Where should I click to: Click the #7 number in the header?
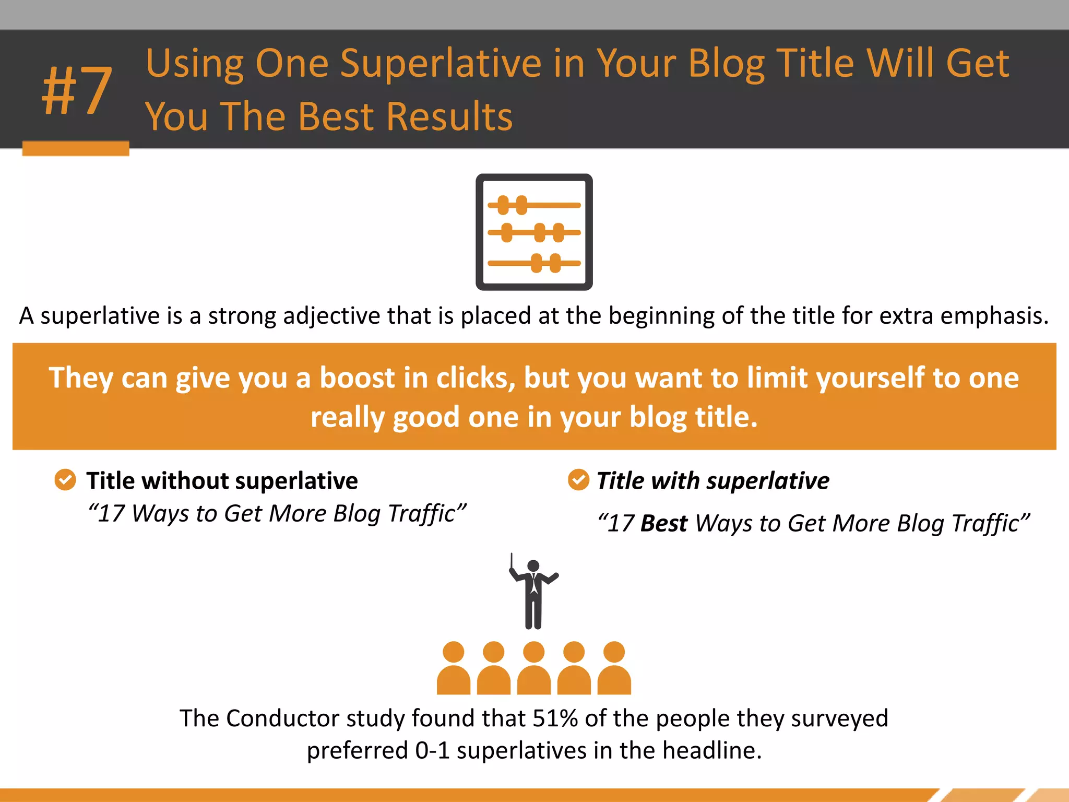tap(77, 91)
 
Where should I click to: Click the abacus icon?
tap(534, 232)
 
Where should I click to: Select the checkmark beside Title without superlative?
tap(65, 479)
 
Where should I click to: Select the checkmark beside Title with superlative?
tap(578, 479)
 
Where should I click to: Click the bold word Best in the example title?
tap(663, 523)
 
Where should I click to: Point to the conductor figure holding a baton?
tap(533, 593)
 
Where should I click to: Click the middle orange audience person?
tap(533, 668)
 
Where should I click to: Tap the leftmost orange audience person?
tap(453, 668)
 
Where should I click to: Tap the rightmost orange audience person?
tap(614, 668)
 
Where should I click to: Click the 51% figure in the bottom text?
tap(555, 718)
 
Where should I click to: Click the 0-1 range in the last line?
tap(432, 751)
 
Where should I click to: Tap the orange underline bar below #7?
tap(76, 148)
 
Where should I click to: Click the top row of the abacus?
tap(533, 205)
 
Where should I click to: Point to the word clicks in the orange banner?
tap(475, 378)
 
